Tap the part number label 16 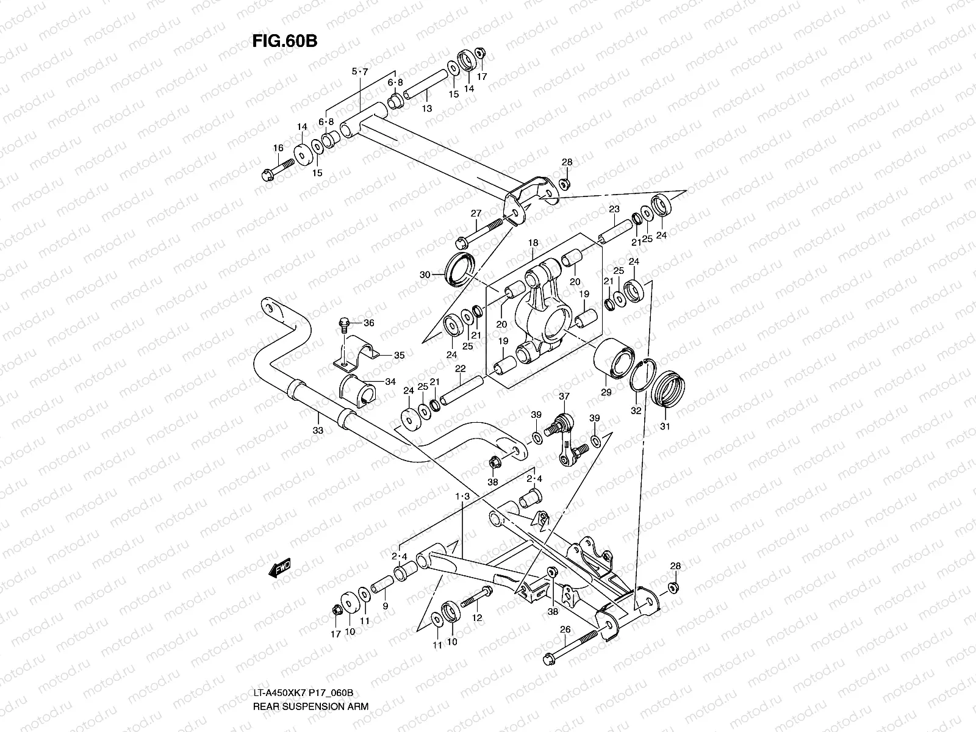(278, 148)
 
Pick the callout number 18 (533, 242)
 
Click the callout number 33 (317, 431)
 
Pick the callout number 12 (477, 618)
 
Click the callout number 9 (385, 606)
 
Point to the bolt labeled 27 (486, 232)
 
